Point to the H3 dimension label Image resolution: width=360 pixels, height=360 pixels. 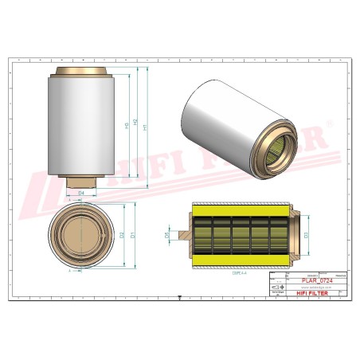[x=127, y=125]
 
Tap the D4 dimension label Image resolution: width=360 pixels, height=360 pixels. [x=81, y=193]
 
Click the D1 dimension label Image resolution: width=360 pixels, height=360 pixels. [x=133, y=236]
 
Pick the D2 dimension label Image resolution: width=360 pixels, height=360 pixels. [x=122, y=236]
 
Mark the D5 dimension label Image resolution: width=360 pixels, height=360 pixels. [x=166, y=236]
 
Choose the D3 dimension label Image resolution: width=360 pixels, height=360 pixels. [x=306, y=236]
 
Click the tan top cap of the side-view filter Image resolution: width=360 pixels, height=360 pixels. [x=81, y=73]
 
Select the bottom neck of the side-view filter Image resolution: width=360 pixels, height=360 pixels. [x=81, y=182]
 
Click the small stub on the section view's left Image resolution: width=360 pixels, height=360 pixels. [x=183, y=236]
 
